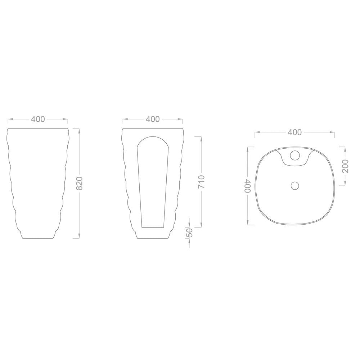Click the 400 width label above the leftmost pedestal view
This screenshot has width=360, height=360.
pyautogui.click(x=38, y=119)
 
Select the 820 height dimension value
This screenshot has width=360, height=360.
pyautogui.click(x=80, y=183)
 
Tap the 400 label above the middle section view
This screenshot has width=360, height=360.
pyautogui.click(x=153, y=119)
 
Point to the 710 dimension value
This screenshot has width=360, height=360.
pyautogui.click(x=201, y=182)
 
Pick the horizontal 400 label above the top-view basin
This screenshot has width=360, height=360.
pyautogui.click(x=295, y=132)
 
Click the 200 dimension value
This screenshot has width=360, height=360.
pyautogui.click(x=345, y=166)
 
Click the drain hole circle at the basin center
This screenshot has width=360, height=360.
pyautogui.click(x=295, y=185)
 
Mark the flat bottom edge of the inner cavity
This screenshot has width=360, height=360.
pyautogui.click(x=153, y=227)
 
